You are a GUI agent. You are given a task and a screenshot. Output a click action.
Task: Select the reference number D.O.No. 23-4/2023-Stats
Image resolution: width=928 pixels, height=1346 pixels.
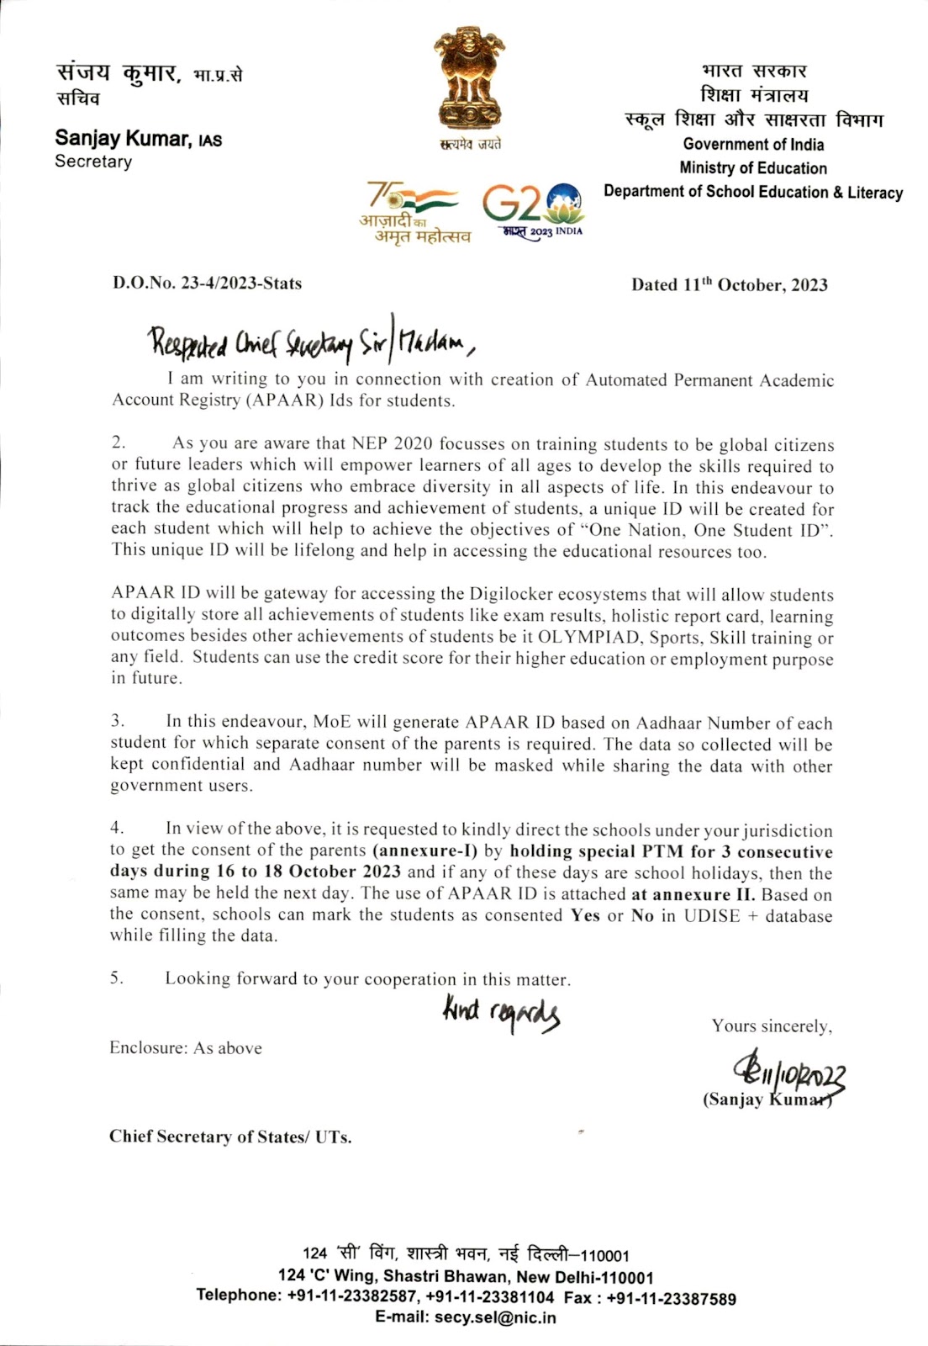point(207,284)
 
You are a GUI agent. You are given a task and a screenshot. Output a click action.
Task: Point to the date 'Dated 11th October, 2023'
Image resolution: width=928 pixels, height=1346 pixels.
point(729,284)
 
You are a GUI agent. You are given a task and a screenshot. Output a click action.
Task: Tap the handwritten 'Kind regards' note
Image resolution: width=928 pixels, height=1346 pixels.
point(501,1012)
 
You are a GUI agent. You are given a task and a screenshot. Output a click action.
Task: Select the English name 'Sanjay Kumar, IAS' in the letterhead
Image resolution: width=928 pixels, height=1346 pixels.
point(139,139)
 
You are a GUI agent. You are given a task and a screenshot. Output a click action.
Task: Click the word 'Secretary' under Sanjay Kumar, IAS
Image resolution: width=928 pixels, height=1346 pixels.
point(93,162)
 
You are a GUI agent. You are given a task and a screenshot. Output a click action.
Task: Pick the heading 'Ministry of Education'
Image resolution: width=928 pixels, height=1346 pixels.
point(753,168)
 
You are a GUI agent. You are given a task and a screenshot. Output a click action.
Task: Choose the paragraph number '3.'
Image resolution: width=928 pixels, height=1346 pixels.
point(118,721)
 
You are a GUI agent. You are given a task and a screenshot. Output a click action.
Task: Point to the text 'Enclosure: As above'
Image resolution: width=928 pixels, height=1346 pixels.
point(186,1048)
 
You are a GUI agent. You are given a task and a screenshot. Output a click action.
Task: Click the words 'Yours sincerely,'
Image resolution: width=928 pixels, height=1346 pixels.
point(772,1026)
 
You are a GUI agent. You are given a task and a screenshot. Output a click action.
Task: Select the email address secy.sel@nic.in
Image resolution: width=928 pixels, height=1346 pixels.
point(495,1317)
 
